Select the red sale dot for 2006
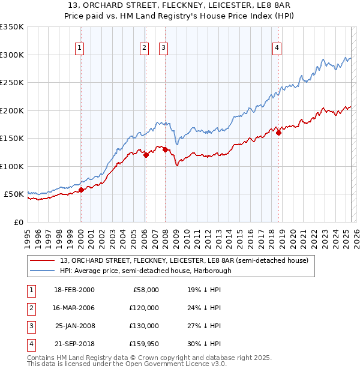point(146,155)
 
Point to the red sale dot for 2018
point(278,133)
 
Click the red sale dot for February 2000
point(81,190)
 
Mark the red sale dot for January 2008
point(165,149)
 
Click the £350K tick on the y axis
point(13,27)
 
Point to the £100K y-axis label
point(13,166)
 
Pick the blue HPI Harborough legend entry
point(145,271)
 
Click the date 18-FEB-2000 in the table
point(74,290)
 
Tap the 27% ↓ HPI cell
point(204,326)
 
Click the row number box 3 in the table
point(31,326)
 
